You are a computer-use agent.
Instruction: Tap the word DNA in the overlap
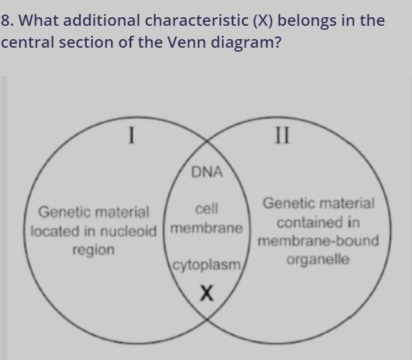tap(207, 172)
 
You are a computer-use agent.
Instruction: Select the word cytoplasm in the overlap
tap(207, 265)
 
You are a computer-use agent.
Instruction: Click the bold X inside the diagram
tap(207, 292)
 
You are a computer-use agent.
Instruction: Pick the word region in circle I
tap(93, 250)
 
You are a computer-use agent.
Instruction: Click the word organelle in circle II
tap(318, 259)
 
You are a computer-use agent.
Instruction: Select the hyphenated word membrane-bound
tap(318, 241)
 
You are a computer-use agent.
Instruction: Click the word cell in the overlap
tap(207, 209)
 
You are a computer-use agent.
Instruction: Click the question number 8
tap(7, 21)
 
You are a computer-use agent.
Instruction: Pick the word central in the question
tap(26, 44)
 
